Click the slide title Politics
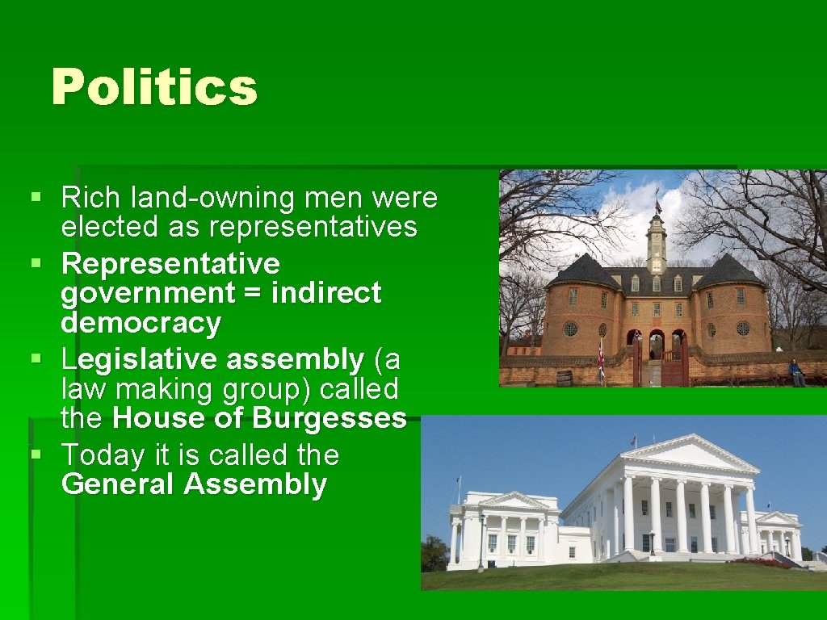pyautogui.click(x=154, y=87)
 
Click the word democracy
pyautogui.click(x=141, y=323)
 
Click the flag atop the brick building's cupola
pyautogui.click(x=658, y=207)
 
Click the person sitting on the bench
pyautogui.click(x=796, y=372)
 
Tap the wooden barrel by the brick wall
pyautogui.click(x=565, y=379)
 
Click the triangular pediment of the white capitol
pyautogui.click(x=688, y=455)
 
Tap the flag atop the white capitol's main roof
pyautogui.click(x=634, y=441)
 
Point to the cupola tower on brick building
pyautogui.click(x=656, y=242)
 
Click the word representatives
pyautogui.click(x=313, y=228)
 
